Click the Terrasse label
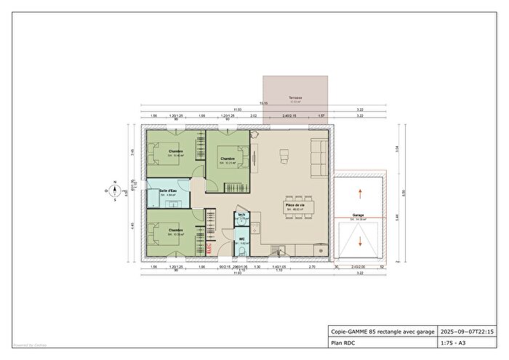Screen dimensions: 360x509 click(294, 98)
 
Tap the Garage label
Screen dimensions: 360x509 click(358, 216)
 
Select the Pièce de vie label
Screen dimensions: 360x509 click(295, 206)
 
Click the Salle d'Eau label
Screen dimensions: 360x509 click(169, 191)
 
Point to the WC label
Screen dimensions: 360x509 click(241, 239)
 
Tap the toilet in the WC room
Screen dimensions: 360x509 click(241, 250)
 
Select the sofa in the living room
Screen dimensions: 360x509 click(318, 156)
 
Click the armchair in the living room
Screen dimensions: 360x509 click(284, 153)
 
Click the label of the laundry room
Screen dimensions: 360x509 click(241, 215)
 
